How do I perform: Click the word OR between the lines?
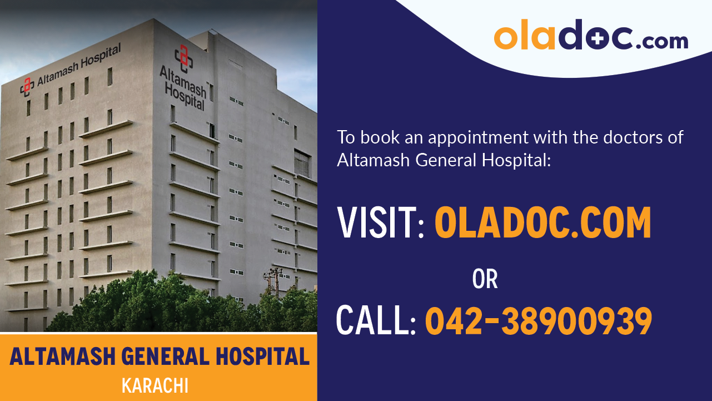485,279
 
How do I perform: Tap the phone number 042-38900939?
539,321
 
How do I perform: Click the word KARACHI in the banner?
155,385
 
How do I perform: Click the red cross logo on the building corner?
183,56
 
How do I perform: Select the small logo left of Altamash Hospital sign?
27,86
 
